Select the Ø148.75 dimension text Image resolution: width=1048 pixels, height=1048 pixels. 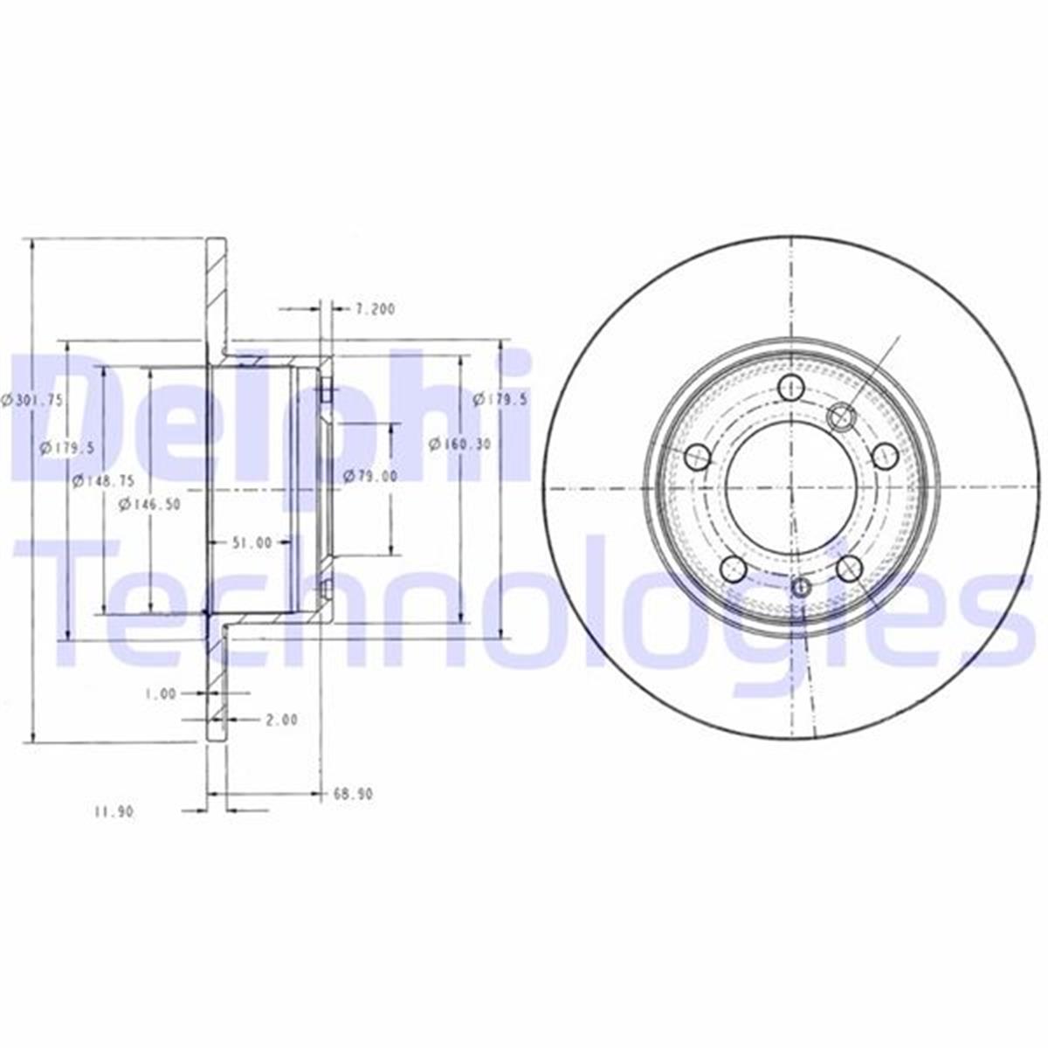coord(103,479)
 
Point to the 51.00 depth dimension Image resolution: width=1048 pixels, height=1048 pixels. coord(251,542)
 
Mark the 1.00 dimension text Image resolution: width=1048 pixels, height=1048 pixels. coord(161,693)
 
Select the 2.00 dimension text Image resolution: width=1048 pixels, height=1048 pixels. coord(280,720)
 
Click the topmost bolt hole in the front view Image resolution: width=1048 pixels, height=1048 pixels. coord(790,386)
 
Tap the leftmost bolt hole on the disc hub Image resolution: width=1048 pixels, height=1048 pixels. coord(698,455)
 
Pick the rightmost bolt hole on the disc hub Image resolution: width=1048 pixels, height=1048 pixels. coord(885,454)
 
